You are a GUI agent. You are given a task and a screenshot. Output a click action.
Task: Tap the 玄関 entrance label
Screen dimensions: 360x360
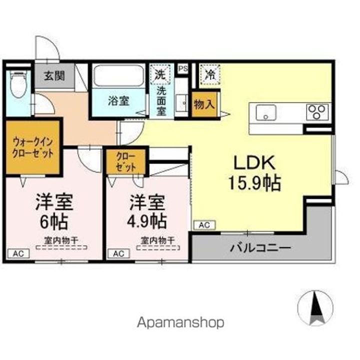[x=53, y=76]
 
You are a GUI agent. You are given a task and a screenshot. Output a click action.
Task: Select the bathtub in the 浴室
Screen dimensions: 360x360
[x=118, y=76]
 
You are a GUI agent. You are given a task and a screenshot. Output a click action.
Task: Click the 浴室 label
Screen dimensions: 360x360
[x=118, y=100]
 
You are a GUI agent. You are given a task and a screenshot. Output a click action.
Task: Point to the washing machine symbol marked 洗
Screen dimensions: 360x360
[x=160, y=74]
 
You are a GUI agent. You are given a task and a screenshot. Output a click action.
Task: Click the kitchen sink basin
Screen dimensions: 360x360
[x=266, y=112]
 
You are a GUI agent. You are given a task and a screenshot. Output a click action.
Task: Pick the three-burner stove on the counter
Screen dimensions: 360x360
[x=318, y=110]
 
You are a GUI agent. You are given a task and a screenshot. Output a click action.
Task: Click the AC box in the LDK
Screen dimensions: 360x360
[x=204, y=225]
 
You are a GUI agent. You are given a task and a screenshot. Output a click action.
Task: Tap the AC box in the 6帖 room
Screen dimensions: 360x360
[x=18, y=253]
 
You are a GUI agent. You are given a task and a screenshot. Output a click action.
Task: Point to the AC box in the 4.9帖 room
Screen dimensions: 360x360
[x=118, y=253]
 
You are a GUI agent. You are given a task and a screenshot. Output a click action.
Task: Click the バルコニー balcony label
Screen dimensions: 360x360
[x=260, y=247]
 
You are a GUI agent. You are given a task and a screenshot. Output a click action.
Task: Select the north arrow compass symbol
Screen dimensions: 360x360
[x=315, y=307]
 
